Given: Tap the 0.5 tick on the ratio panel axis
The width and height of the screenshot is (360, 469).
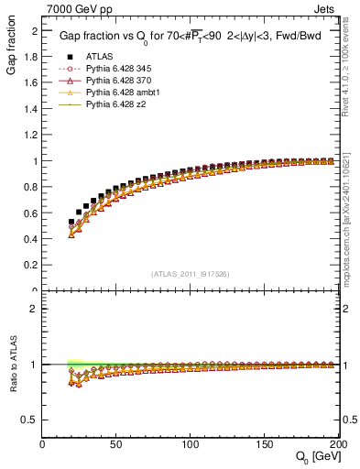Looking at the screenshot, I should point(31,420).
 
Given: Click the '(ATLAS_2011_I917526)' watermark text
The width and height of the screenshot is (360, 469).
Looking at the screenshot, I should point(191,273).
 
